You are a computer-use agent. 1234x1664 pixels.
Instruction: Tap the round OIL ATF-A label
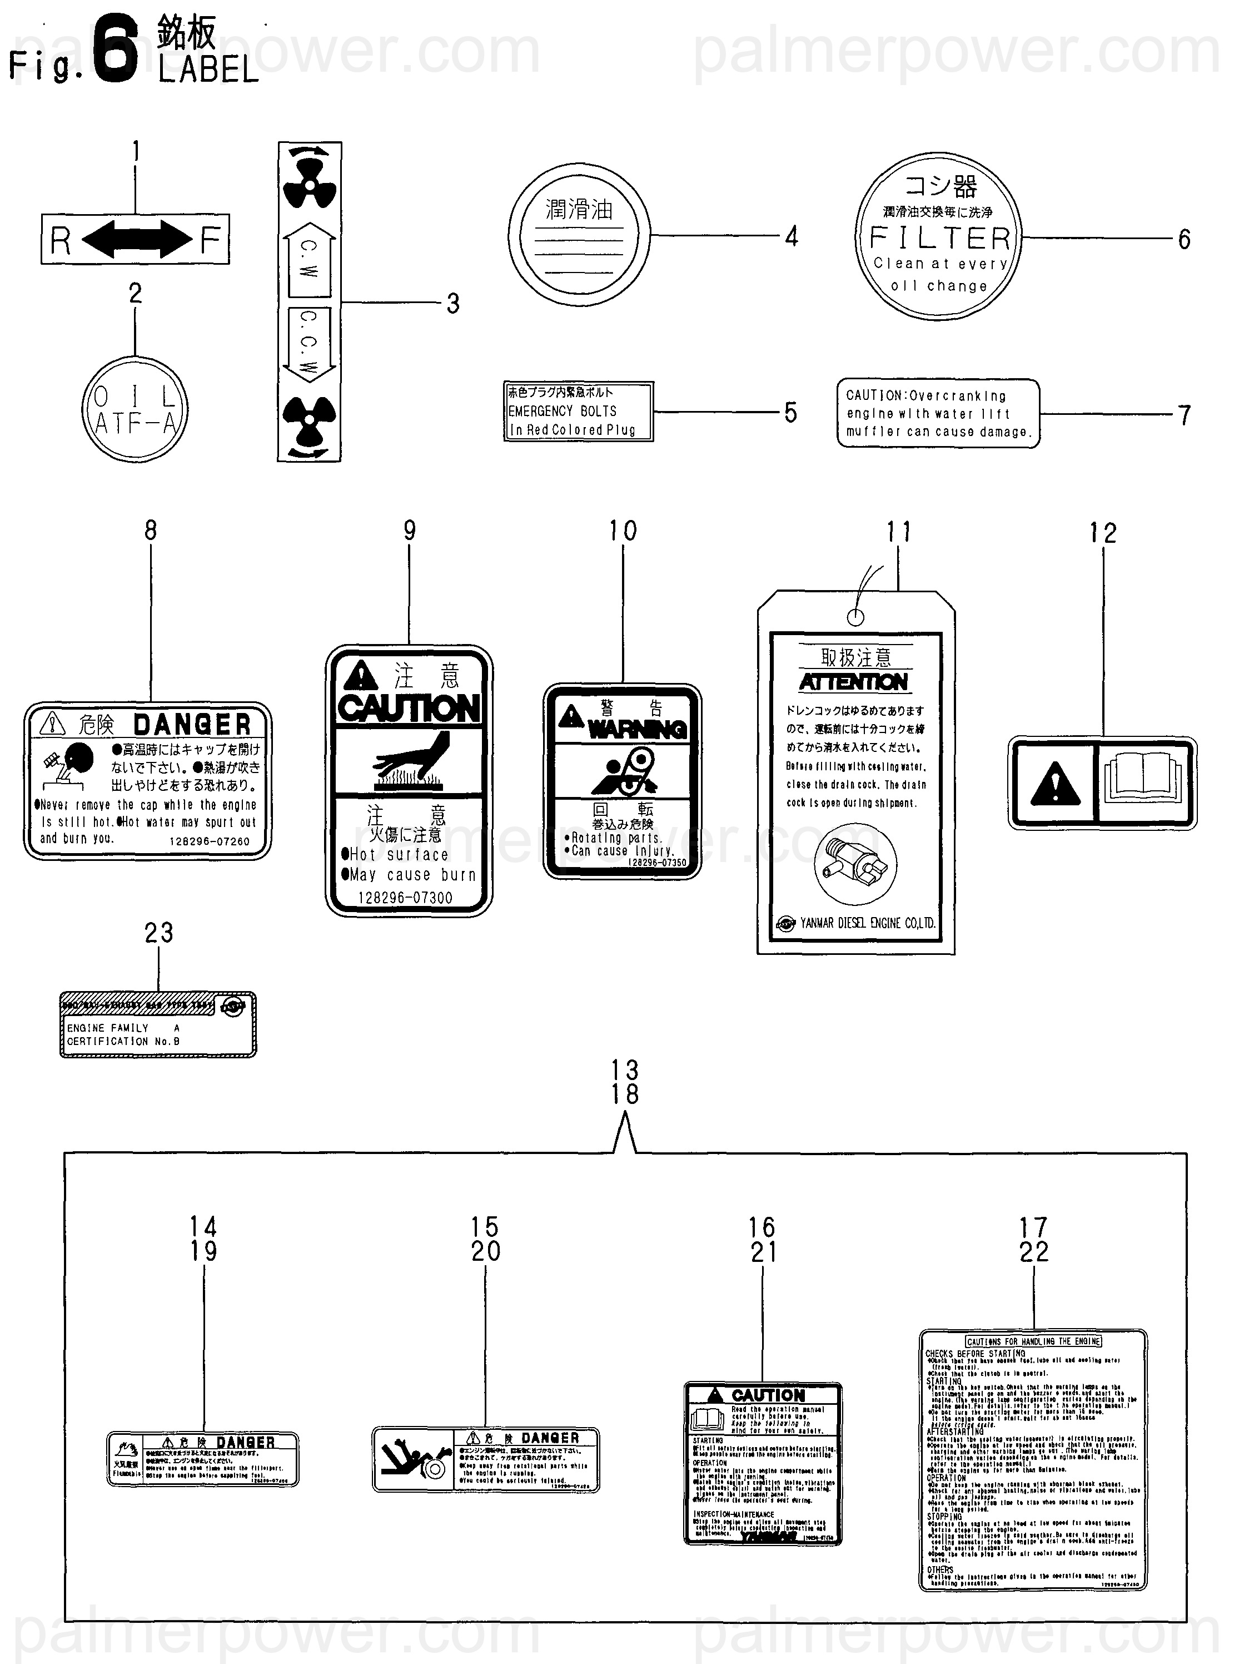point(135,409)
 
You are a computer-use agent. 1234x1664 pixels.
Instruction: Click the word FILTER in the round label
point(940,239)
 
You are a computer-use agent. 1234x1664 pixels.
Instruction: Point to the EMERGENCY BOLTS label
point(578,411)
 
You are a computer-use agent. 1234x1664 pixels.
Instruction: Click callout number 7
point(1184,415)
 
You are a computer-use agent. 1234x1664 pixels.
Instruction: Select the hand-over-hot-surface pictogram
point(409,762)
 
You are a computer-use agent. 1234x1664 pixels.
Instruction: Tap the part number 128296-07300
point(406,898)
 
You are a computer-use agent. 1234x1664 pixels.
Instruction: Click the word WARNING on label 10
point(636,729)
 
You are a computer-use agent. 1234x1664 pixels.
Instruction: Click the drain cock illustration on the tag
point(856,864)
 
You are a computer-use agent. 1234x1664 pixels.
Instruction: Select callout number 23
point(158,933)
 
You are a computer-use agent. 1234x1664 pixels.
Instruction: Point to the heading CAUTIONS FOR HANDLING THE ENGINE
point(1033,1341)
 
